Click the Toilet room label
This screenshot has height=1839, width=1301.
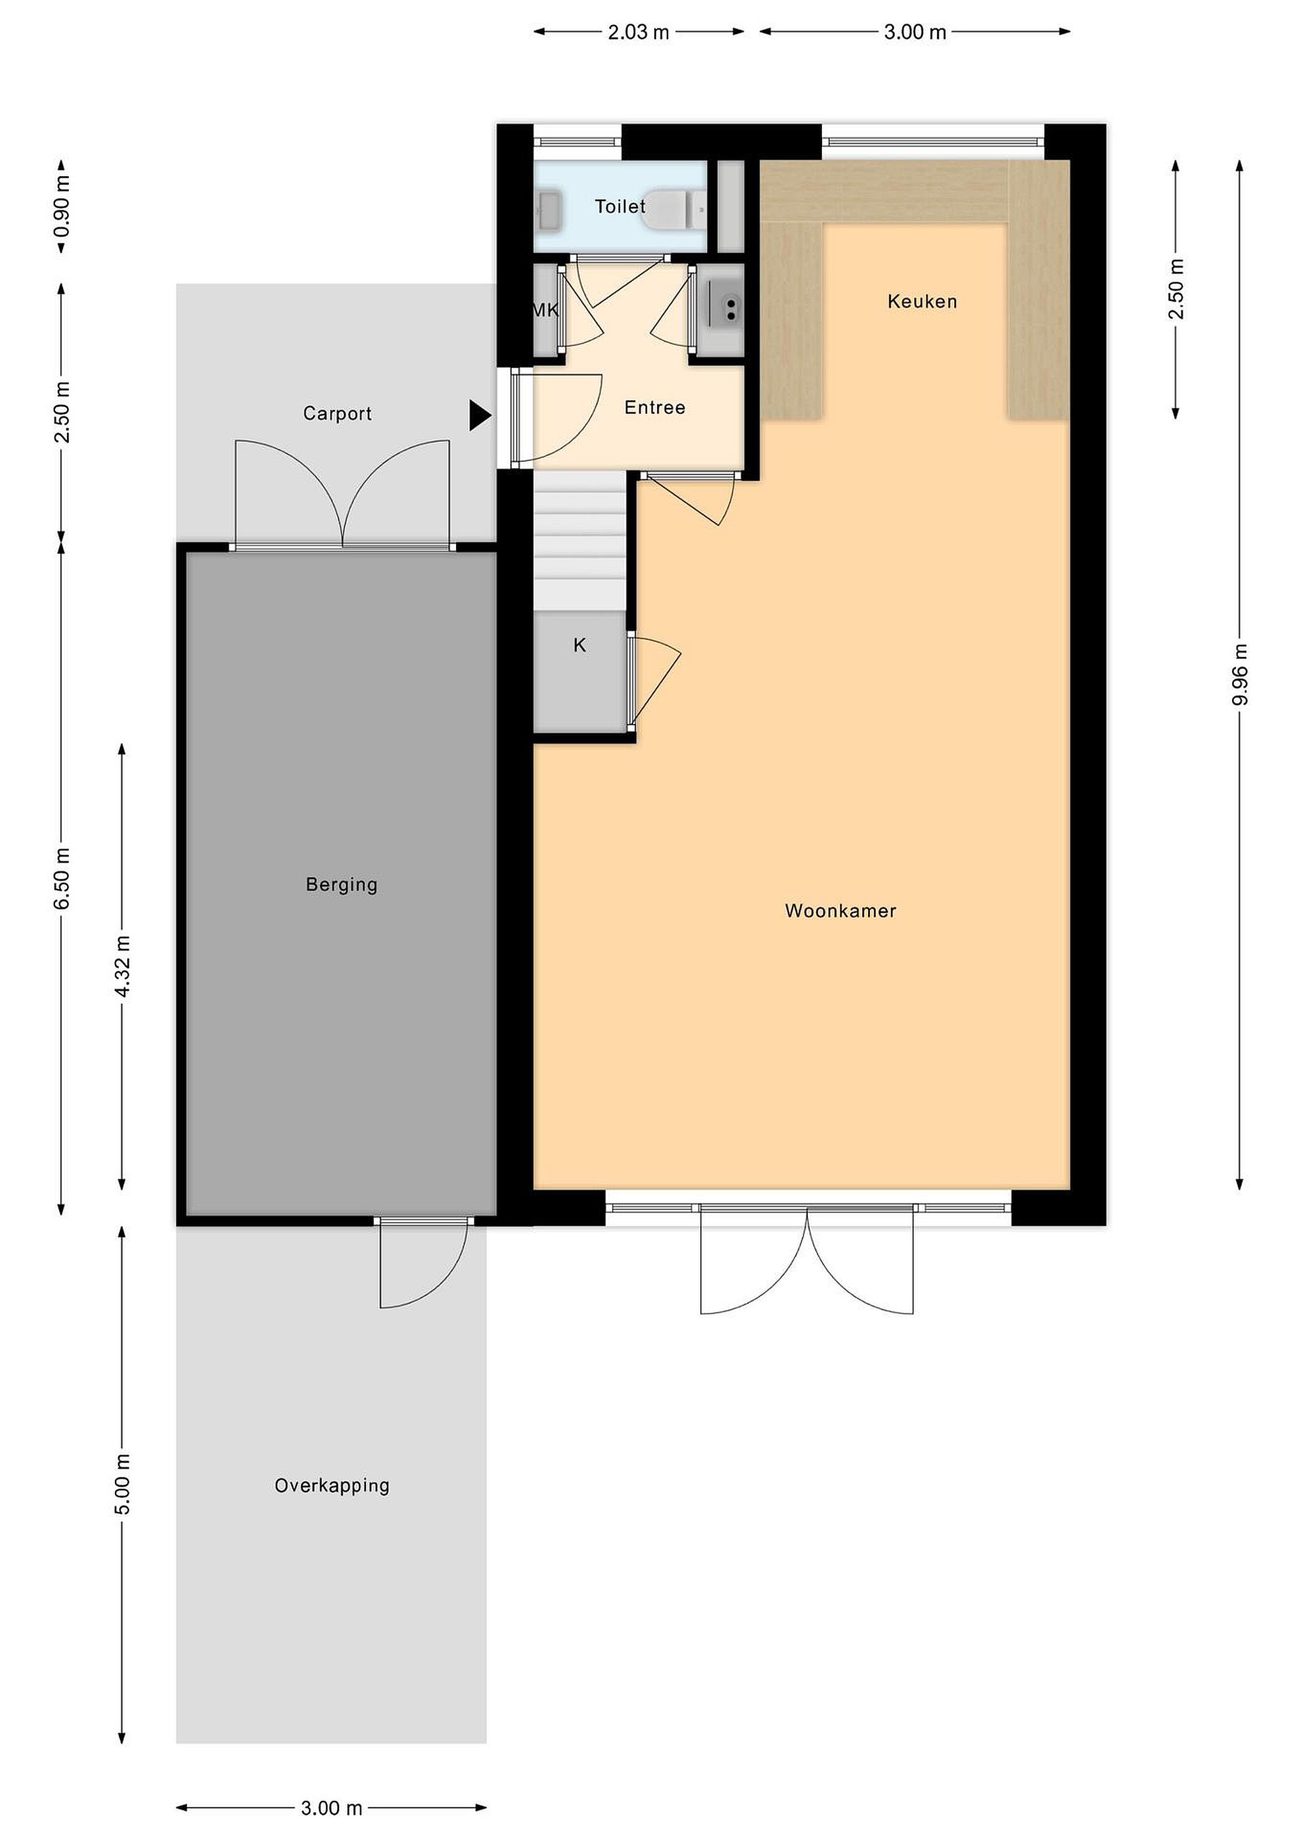pyautogui.click(x=620, y=207)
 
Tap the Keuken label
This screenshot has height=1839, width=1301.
pyautogui.click(x=922, y=302)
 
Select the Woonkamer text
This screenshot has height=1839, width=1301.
pyautogui.click(x=841, y=911)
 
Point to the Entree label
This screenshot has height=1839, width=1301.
pyautogui.click(x=655, y=407)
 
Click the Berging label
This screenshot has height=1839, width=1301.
pyautogui.click(x=341, y=885)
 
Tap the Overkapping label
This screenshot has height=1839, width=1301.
pyautogui.click(x=331, y=1486)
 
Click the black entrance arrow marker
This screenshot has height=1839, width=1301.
pyautogui.click(x=480, y=415)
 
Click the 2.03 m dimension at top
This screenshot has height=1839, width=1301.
pyautogui.click(x=639, y=32)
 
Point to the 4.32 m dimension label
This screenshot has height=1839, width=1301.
pyautogui.click(x=122, y=967)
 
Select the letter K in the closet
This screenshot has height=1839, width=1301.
pyautogui.click(x=580, y=645)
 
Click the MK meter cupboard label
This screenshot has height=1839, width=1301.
pyautogui.click(x=545, y=310)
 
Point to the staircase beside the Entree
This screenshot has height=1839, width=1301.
pyautogui.click(x=579, y=541)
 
